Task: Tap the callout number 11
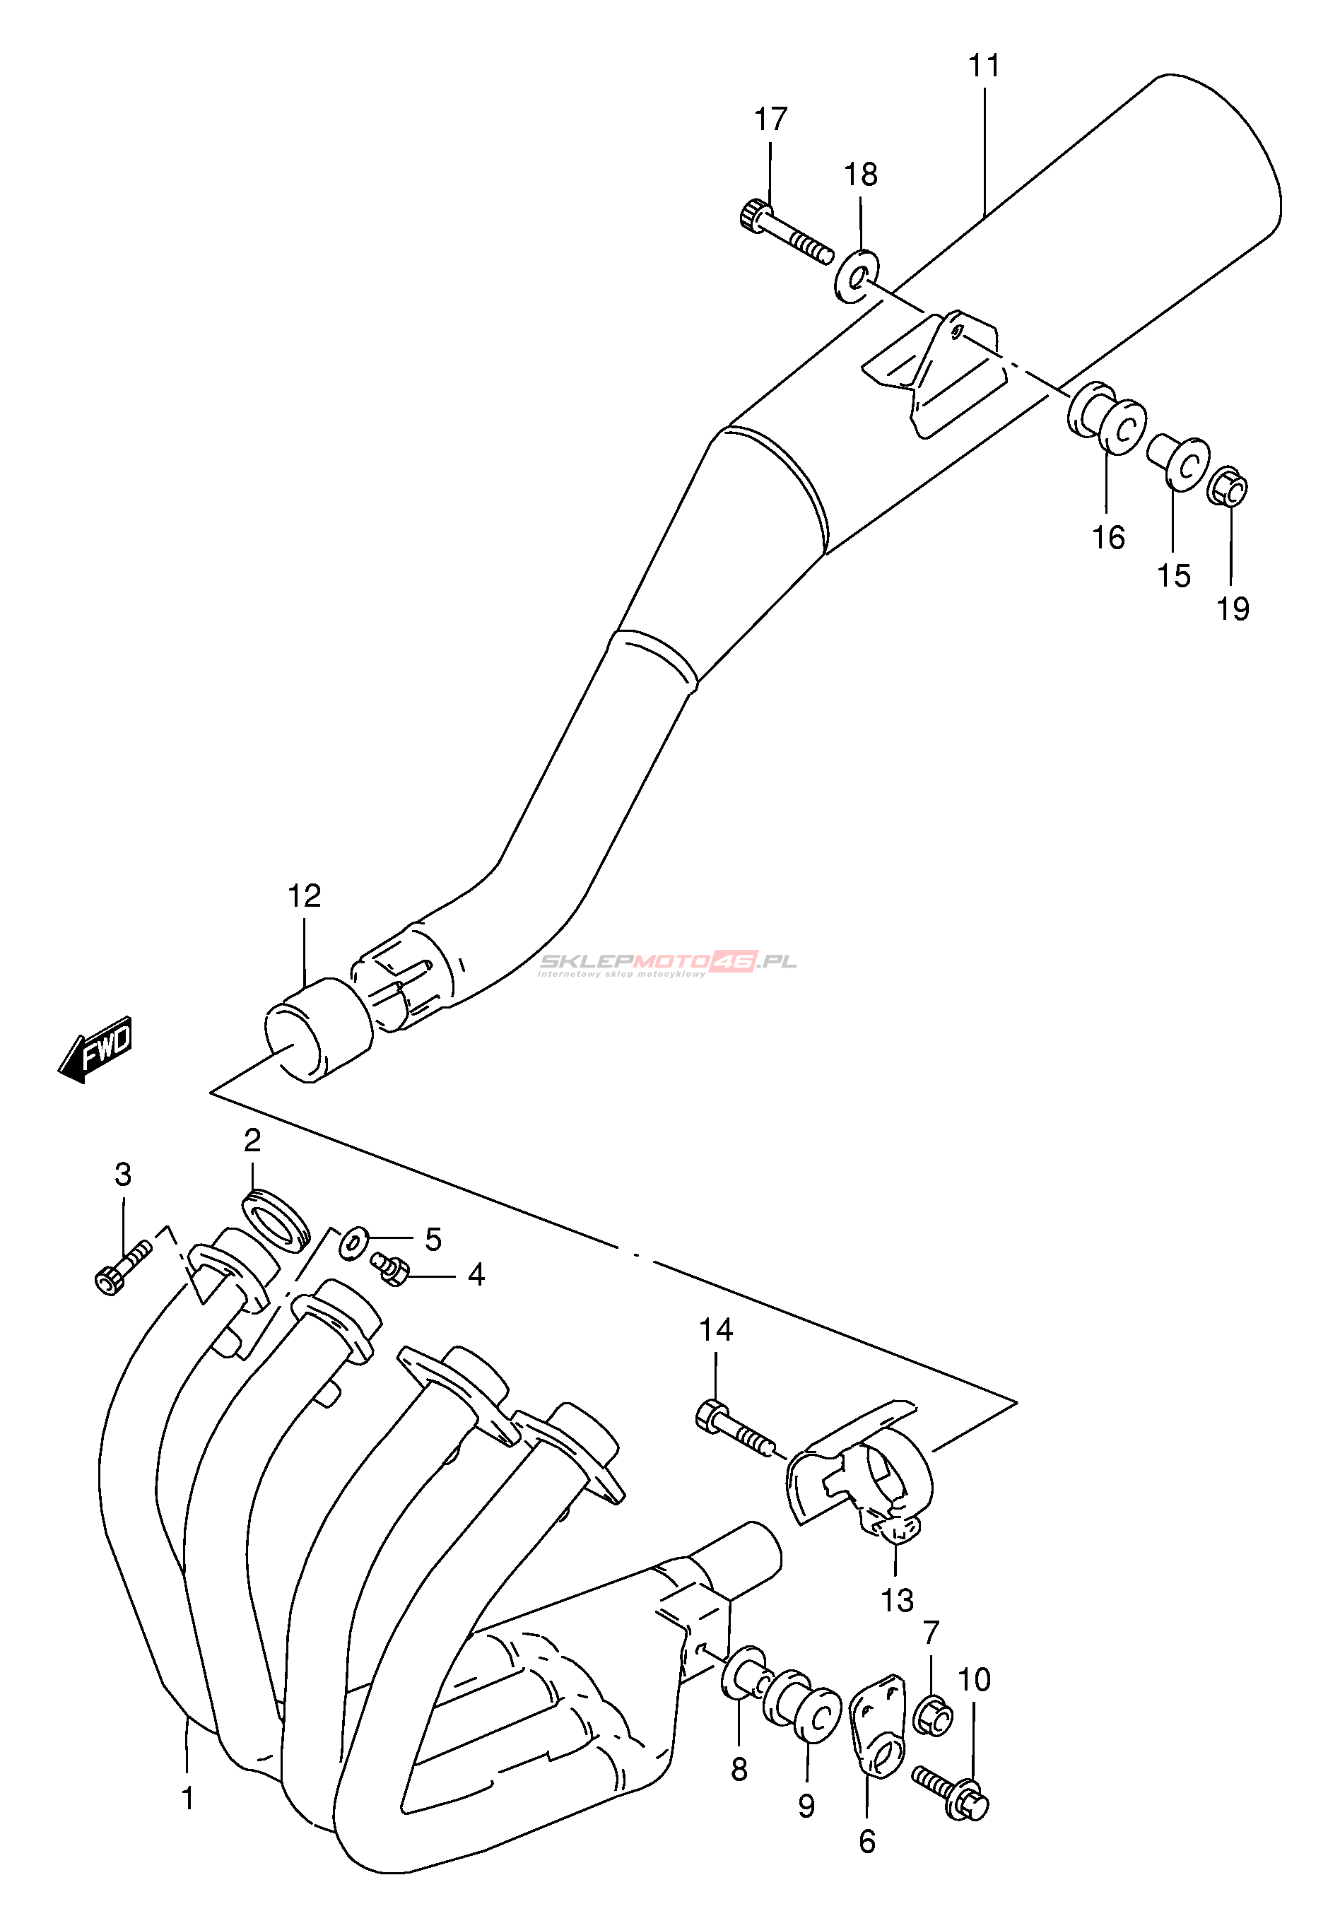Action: pyautogui.click(x=984, y=66)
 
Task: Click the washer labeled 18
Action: pyautogui.click(x=857, y=274)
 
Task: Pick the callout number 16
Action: pyautogui.click(x=1107, y=537)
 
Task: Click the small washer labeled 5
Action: pyautogui.click(x=353, y=1242)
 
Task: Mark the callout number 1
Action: pyautogui.click(x=188, y=1798)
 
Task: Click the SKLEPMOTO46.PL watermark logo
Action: pyautogui.click(x=667, y=963)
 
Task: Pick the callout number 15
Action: pyautogui.click(x=1174, y=576)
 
